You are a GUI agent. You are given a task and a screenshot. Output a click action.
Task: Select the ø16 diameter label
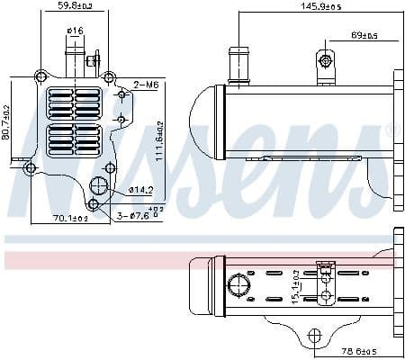pyautogui.click(x=75, y=33)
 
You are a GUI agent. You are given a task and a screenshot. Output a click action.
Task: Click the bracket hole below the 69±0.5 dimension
pyautogui.click(x=325, y=61)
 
